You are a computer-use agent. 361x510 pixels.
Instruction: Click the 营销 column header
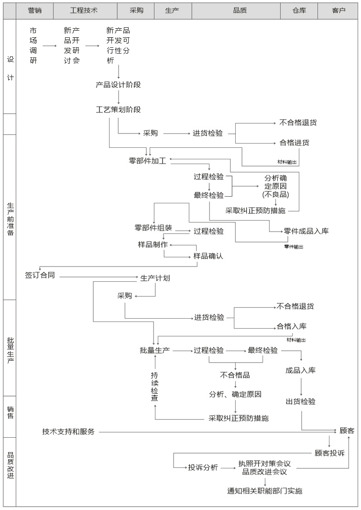tap(35, 10)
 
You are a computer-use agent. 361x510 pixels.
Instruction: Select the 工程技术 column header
tap(84, 10)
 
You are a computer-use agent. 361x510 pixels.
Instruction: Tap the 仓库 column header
tap(299, 10)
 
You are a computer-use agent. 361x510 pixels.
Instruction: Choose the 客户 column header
tap(339, 10)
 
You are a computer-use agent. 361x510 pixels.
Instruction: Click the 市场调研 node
tap(33, 45)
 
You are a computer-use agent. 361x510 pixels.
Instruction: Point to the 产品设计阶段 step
tap(118, 85)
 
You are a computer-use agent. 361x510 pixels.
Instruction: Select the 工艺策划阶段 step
tap(118, 110)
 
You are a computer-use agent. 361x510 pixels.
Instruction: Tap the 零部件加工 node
tap(147, 161)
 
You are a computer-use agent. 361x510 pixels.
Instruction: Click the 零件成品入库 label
tap(306, 231)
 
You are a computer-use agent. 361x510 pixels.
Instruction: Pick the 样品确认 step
tap(208, 256)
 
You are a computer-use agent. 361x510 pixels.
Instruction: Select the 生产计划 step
tap(155, 278)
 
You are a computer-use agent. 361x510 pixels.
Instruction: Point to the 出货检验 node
tap(301, 401)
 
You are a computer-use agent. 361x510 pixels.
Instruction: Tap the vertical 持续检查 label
tap(155, 386)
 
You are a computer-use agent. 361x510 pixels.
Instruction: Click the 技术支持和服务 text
tap(68, 432)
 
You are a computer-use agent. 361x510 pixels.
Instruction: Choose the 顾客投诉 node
tap(329, 453)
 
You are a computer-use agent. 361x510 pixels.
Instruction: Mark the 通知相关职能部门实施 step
tap(264, 490)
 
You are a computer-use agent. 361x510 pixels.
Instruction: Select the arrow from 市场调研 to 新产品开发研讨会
tap(50, 46)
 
